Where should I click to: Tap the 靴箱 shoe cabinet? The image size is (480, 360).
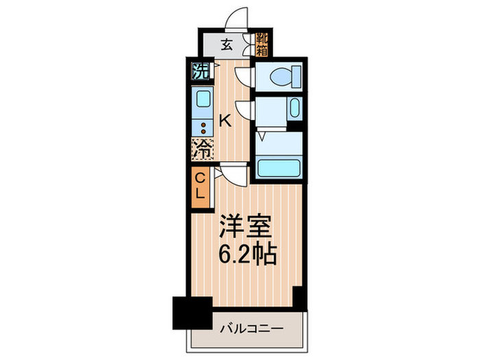[x=261, y=43]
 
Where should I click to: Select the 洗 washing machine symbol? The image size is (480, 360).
[x=200, y=69]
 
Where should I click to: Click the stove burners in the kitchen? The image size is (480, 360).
[x=203, y=125]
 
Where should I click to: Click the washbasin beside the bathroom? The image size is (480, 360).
[x=293, y=109]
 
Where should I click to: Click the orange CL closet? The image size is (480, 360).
[x=200, y=187]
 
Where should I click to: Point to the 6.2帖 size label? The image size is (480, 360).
[x=248, y=255]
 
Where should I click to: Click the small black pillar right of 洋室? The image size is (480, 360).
[x=299, y=297]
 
